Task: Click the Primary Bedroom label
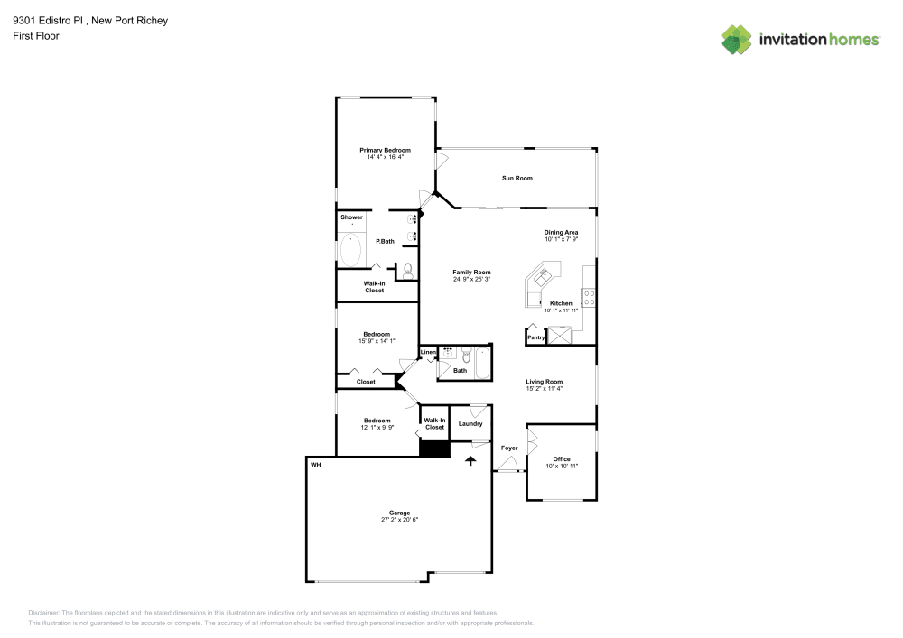coord(386,150)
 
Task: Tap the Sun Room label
coord(517,179)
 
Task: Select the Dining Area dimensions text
coord(562,239)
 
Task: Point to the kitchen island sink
coord(543,276)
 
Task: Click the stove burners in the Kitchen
coord(589,298)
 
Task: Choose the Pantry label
coord(536,337)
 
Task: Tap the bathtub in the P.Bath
coord(350,250)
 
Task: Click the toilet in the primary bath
coord(408,271)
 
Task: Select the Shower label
coord(352,217)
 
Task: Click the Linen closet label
coord(428,352)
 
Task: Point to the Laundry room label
coord(470,424)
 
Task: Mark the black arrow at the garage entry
coord(470,461)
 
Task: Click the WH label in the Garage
coord(315,465)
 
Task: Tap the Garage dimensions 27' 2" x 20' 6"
coord(400,520)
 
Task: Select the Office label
coord(562,459)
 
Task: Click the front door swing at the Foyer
coord(507,464)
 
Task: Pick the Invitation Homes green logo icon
coord(737,40)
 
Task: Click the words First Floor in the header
coord(36,36)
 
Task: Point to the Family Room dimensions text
coord(471,280)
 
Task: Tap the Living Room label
coord(545,382)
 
